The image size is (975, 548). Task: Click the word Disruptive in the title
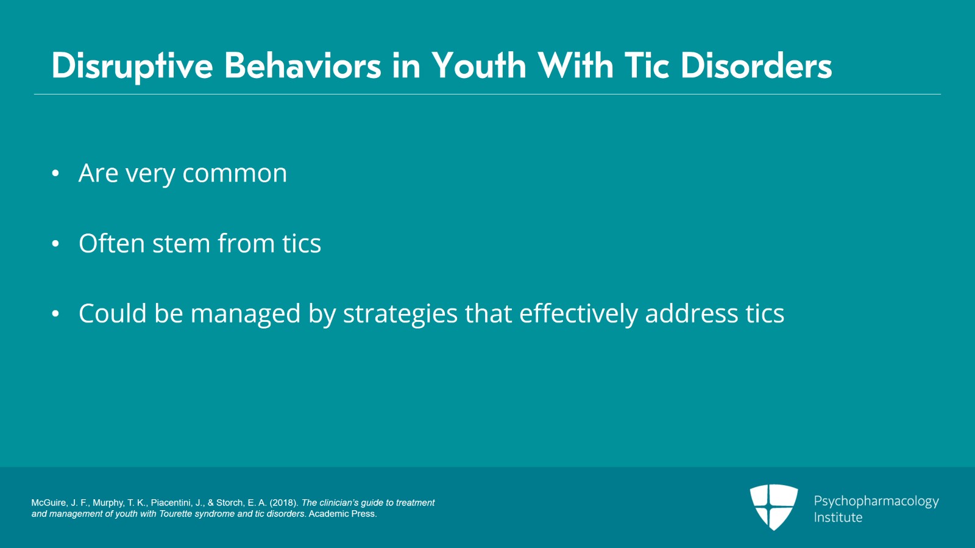[132, 66]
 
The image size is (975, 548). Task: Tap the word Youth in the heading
[478, 66]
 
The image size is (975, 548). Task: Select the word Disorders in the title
[756, 66]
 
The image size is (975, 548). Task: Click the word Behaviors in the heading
[302, 66]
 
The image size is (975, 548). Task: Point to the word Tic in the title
[647, 66]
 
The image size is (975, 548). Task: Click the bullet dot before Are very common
[55, 174]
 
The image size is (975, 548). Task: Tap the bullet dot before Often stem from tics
[55, 244]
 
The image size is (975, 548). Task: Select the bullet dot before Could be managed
[55, 314]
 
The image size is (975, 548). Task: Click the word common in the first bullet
[235, 174]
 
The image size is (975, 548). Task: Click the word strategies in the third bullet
[400, 315]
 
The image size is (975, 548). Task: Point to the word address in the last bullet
[692, 314]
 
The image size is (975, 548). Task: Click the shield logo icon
[773, 507]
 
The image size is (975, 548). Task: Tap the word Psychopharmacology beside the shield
[876, 501]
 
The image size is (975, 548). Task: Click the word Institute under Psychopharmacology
[838, 518]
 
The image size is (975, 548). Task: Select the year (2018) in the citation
[283, 503]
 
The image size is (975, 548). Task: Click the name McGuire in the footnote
[49, 503]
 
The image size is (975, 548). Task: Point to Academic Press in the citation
[342, 514]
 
